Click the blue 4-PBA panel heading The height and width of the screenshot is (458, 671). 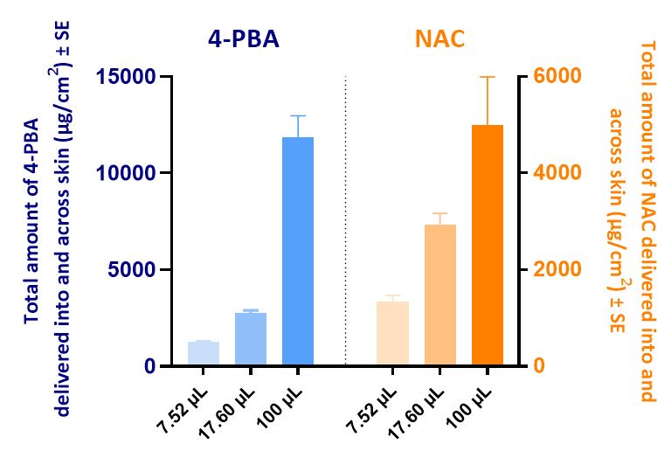click(x=243, y=39)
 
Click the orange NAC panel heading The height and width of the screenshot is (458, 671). click(x=440, y=39)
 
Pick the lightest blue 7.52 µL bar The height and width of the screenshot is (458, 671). click(x=204, y=353)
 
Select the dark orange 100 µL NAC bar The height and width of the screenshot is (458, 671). click(x=488, y=246)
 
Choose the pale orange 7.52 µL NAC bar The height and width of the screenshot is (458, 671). click(x=393, y=333)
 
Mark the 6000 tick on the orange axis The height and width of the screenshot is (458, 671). click(x=549, y=77)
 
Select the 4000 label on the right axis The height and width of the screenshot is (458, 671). click(x=549, y=173)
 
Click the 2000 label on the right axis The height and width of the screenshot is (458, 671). click(x=549, y=270)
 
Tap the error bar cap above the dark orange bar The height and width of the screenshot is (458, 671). click(x=488, y=77)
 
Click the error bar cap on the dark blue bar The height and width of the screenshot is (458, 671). click(x=298, y=115)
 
